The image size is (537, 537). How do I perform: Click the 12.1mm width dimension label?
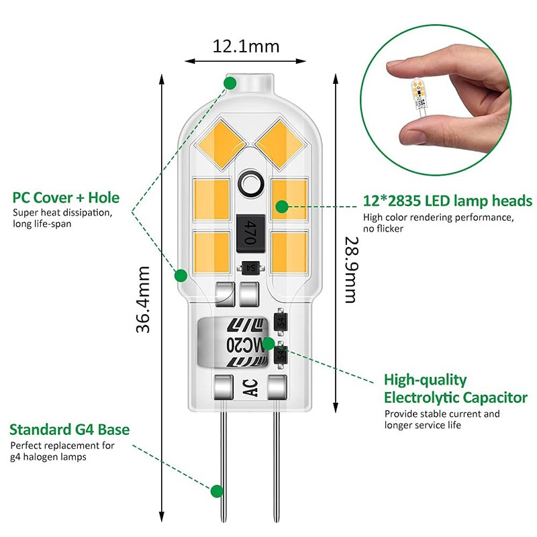tap(246, 47)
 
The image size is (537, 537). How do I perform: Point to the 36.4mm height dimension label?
tap(142, 299)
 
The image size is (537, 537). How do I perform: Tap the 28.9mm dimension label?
tap(350, 269)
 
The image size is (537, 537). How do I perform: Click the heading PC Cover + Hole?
tap(66, 198)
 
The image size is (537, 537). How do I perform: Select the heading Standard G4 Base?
tap(70, 430)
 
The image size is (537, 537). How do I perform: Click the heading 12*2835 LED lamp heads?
tap(448, 201)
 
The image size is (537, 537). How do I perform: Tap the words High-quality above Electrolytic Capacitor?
tap(425, 380)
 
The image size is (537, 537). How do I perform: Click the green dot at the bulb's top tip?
tap(230, 83)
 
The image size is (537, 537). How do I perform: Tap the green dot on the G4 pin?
tap(217, 491)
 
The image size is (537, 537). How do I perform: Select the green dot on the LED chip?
tap(282, 205)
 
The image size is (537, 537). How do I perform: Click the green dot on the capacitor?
tap(268, 344)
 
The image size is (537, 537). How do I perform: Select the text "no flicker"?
tap(383, 230)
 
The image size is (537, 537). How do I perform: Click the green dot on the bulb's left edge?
tap(181, 275)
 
